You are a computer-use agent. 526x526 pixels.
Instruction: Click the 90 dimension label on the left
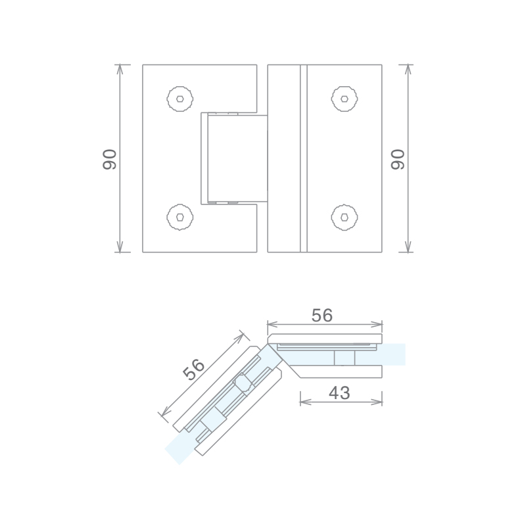click(109, 159)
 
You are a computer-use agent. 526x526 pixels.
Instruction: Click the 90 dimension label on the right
click(398, 159)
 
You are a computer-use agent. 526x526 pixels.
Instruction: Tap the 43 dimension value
click(339, 393)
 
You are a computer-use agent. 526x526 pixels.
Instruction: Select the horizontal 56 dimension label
click(322, 316)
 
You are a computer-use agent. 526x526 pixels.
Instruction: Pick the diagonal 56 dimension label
click(193, 370)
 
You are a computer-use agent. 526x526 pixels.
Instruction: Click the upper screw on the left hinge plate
click(180, 99)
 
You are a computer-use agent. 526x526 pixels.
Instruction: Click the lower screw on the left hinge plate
click(180, 217)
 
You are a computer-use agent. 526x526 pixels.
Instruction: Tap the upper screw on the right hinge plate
click(345, 99)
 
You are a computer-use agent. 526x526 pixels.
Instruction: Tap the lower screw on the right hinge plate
click(345, 217)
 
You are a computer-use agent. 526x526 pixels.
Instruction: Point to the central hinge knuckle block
click(237, 158)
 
